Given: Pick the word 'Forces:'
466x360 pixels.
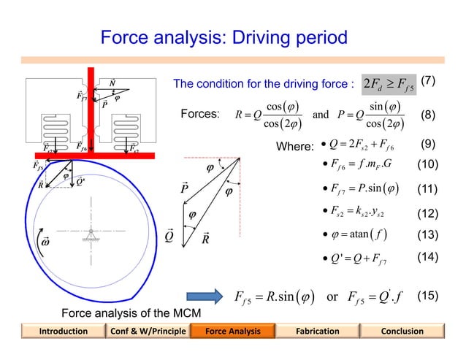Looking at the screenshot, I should click(x=200, y=115).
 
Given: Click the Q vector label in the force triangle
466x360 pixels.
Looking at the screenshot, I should click(x=169, y=237).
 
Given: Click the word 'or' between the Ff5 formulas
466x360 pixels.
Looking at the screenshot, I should click(x=332, y=298).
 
